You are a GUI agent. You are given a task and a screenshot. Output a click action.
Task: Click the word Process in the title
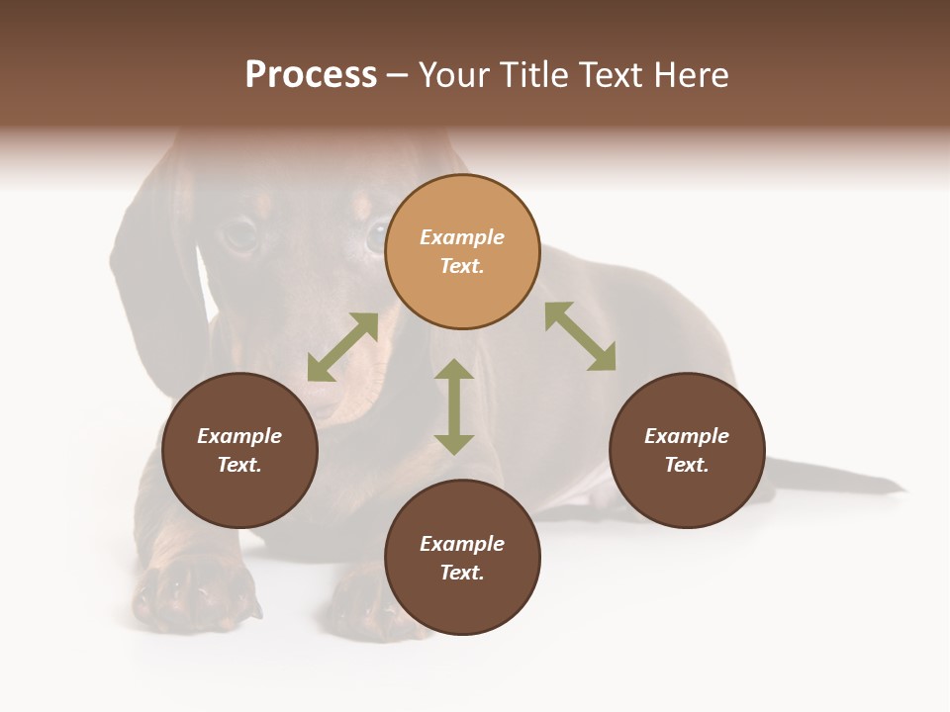[x=311, y=75]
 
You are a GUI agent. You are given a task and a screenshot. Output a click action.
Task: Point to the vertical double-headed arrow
[x=454, y=406]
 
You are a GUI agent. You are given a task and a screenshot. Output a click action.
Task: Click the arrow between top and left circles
[x=342, y=347]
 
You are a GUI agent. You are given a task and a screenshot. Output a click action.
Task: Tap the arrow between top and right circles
[x=580, y=336]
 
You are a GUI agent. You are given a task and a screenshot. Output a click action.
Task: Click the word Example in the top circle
[x=462, y=237]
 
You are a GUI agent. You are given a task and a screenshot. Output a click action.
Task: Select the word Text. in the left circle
[x=239, y=465]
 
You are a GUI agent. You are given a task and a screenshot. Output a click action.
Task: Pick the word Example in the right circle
[x=687, y=436]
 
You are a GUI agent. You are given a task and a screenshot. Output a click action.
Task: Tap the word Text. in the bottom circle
[x=462, y=573]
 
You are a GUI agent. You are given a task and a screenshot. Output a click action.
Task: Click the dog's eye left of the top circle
[x=240, y=233]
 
